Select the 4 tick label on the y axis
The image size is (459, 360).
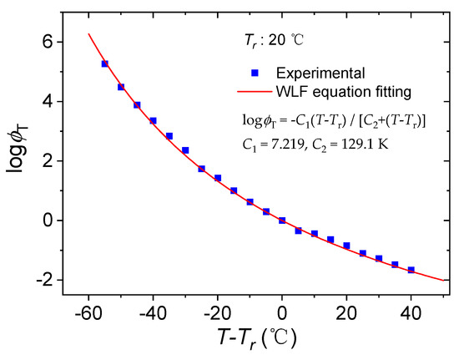pyautogui.click(x=46, y=101)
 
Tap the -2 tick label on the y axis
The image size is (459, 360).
pyautogui.click(x=43, y=280)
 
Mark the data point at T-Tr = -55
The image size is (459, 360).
pyautogui.click(x=104, y=63)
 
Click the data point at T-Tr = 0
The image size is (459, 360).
pyautogui.click(x=282, y=221)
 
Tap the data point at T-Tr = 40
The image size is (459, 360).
pyautogui.click(x=411, y=270)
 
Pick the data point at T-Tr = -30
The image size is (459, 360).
pyautogui.click(x=185, y=150)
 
